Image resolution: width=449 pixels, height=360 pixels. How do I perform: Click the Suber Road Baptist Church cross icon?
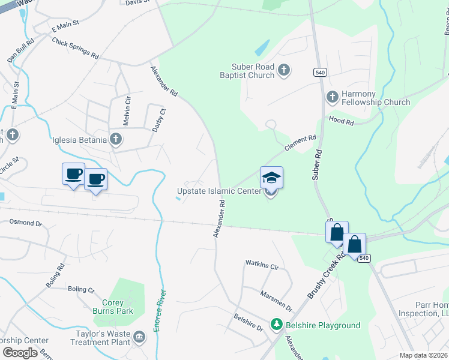point(285,71)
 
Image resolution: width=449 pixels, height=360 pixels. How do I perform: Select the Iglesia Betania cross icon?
point(116,140)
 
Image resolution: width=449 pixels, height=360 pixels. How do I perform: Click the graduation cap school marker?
point(271,178)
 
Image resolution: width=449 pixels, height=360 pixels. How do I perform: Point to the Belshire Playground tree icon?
point(276,325)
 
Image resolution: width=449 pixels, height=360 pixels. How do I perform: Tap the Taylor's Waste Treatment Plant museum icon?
point(140,338)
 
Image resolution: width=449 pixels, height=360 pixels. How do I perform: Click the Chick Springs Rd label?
point(75,48)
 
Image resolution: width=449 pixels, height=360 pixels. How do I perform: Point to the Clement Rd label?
point(300,144)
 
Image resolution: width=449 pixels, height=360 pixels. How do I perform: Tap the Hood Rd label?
point(341,121)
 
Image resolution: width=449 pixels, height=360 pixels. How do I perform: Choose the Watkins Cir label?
point(262,264)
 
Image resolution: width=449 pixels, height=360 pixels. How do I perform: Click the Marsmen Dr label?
point(276,301)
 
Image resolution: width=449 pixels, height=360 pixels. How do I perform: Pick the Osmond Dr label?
point(26,223)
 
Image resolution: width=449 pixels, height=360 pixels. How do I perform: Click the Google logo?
point(19,353)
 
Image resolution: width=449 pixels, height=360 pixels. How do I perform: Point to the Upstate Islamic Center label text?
point(219,191)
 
